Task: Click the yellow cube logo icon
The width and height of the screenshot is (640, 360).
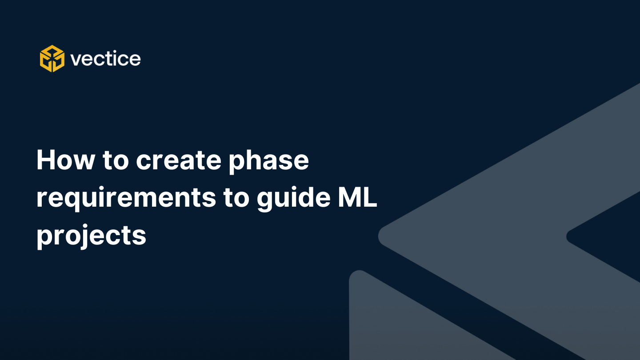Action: click(52, 59)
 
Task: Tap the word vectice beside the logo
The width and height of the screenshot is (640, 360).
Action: click(105, 59)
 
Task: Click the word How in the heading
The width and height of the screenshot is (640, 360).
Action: click(65, 160)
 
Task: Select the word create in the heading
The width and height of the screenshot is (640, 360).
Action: click(178, 160)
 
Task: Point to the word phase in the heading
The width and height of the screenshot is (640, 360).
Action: click(268, 162)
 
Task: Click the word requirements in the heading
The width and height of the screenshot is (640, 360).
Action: click(126, 199)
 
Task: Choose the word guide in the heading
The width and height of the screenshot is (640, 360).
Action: click(293, 199)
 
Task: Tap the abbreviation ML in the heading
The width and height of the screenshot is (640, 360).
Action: click(357, 197)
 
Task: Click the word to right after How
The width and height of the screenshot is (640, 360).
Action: click(116, 161)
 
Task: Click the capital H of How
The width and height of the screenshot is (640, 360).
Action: click(46, 160)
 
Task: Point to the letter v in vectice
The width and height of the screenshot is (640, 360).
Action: click(76, 60)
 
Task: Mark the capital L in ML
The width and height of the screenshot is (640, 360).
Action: click(370, 197)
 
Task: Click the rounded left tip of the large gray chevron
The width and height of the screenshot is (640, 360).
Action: click(380, 236)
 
